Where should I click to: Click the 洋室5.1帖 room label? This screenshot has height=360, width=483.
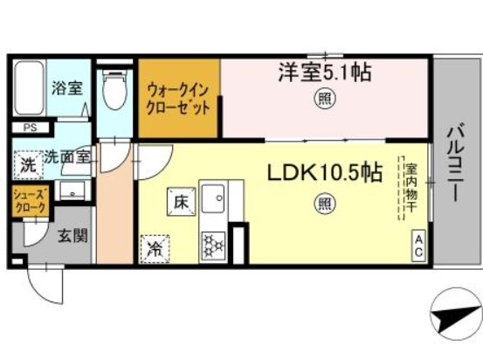click(324, 73)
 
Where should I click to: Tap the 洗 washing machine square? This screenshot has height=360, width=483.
click(28, 163)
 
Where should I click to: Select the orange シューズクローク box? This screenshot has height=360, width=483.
click(29, 201)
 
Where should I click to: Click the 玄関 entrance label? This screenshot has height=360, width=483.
click(71, 235)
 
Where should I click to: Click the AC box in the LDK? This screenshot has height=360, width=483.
click(418, 245)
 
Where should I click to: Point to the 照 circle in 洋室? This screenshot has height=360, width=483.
click(323, 99)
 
